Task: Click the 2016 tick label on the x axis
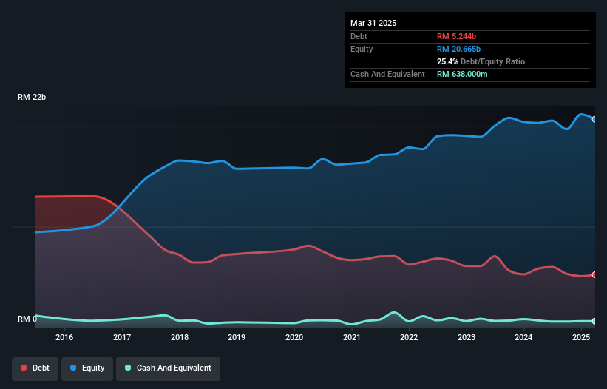click(64, 338)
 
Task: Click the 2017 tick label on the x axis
click(122, 338)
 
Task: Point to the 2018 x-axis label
click(179, 338)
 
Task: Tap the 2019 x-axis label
click(237, 338)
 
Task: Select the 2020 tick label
click(294, 338)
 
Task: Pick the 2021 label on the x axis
click(352, 338)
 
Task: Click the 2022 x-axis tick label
click(409, 338)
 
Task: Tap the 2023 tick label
click(467, 338)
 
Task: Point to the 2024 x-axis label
click(523, 338)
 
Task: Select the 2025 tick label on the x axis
click(581, 338)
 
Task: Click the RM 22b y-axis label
click(33, 98)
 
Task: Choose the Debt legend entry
click(35, 368)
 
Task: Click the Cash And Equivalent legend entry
click(168, 368)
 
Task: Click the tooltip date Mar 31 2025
click(373, 23)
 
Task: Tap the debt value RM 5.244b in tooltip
click(461, 36)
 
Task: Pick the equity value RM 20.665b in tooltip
click(463, 49)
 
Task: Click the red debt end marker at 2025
click(594, 274)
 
